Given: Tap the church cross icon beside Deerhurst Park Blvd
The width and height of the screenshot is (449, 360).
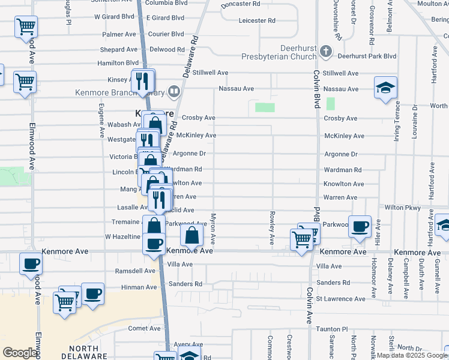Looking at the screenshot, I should (326, 52).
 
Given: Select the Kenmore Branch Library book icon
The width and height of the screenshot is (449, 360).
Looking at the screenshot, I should (173, 91).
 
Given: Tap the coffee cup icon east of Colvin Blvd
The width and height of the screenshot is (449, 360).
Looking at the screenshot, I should (360, 226).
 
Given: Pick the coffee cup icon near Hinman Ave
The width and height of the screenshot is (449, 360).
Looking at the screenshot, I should (92, 294).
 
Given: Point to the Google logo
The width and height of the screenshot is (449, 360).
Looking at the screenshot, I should (20, 353).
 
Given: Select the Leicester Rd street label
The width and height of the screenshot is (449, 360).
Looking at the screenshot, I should (256, 20).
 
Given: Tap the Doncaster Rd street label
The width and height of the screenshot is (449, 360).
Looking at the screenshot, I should (240, 4).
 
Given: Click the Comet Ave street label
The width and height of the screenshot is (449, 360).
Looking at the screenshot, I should (145, 328).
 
